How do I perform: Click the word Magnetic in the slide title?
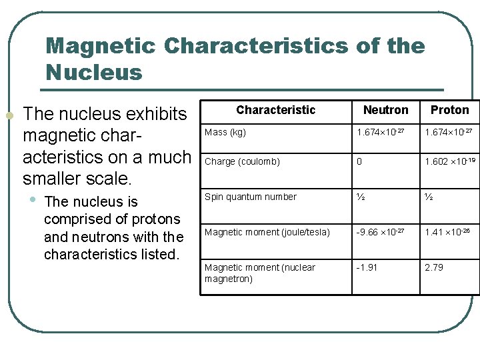[x=101, y=46]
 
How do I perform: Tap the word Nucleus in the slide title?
[x=94, y=72]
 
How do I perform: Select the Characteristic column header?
[x=275, y=110]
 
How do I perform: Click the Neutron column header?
[x=385, y=110]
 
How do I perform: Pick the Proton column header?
[x=449, y=110]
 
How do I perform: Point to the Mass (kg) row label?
[x=225, y=132]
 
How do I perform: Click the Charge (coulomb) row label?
[x=242, y=161]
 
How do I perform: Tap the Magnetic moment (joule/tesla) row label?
[x=267, y=232]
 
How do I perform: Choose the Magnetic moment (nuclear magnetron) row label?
[x=260, y=273]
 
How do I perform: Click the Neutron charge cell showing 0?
[x=360, y=161]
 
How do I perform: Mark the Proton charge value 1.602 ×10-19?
[x=450, y=161]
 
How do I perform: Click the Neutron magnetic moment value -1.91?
[x=367, y=267]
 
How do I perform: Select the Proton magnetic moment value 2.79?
[x=434, y=267]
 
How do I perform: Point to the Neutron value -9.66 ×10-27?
[x=380, y=231]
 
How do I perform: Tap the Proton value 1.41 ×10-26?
[x=449, y=231]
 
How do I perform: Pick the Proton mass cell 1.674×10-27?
[x=449, y=132]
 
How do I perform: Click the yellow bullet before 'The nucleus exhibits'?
[x=9, y=116]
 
